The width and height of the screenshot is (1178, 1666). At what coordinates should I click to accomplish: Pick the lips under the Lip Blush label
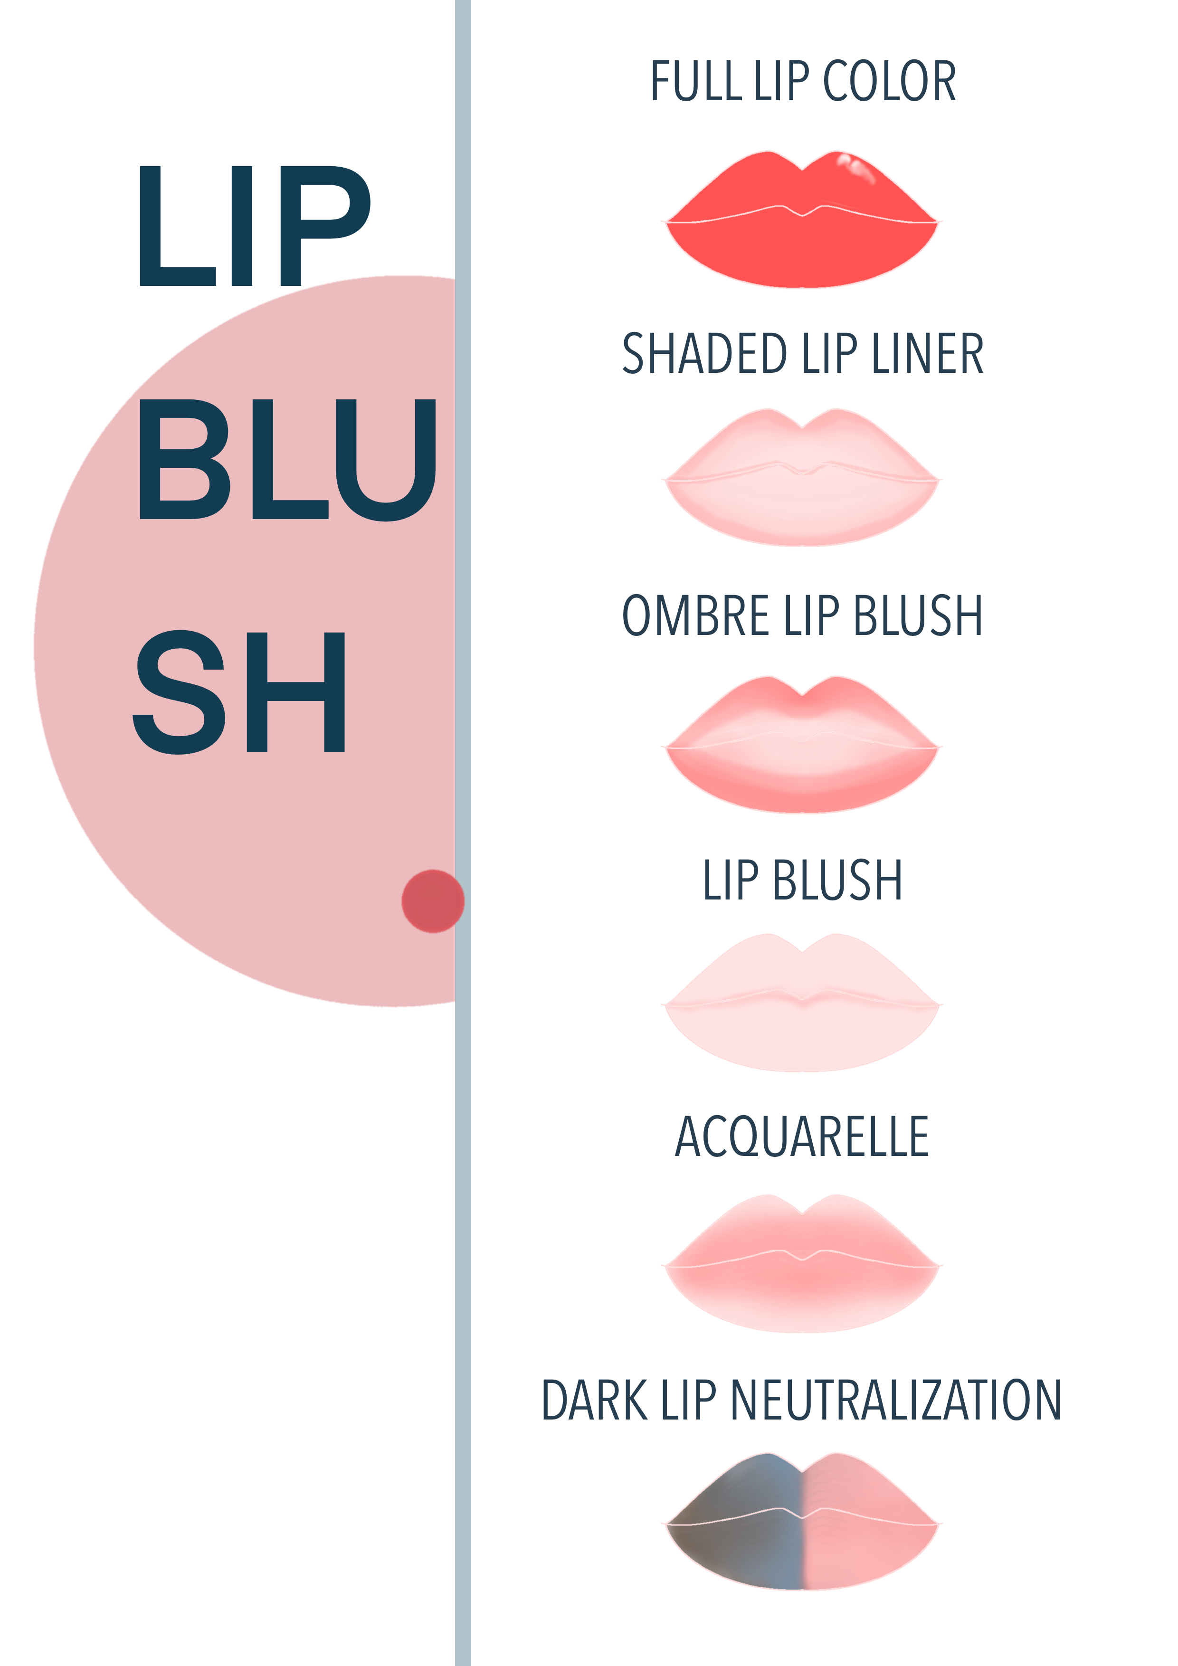(x=802, y=1005)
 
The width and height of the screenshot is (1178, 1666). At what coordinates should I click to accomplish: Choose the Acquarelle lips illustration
(x=802, y=1266)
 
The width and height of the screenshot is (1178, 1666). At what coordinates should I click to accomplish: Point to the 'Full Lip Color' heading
(x=804, y=84)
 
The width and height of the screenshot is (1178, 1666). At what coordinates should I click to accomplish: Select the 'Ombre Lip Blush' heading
(x=804, y=617)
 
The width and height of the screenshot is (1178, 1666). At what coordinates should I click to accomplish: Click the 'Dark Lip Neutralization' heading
(x=802, y=1404)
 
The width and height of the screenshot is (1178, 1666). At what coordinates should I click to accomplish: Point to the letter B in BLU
(x=185, y=460)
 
